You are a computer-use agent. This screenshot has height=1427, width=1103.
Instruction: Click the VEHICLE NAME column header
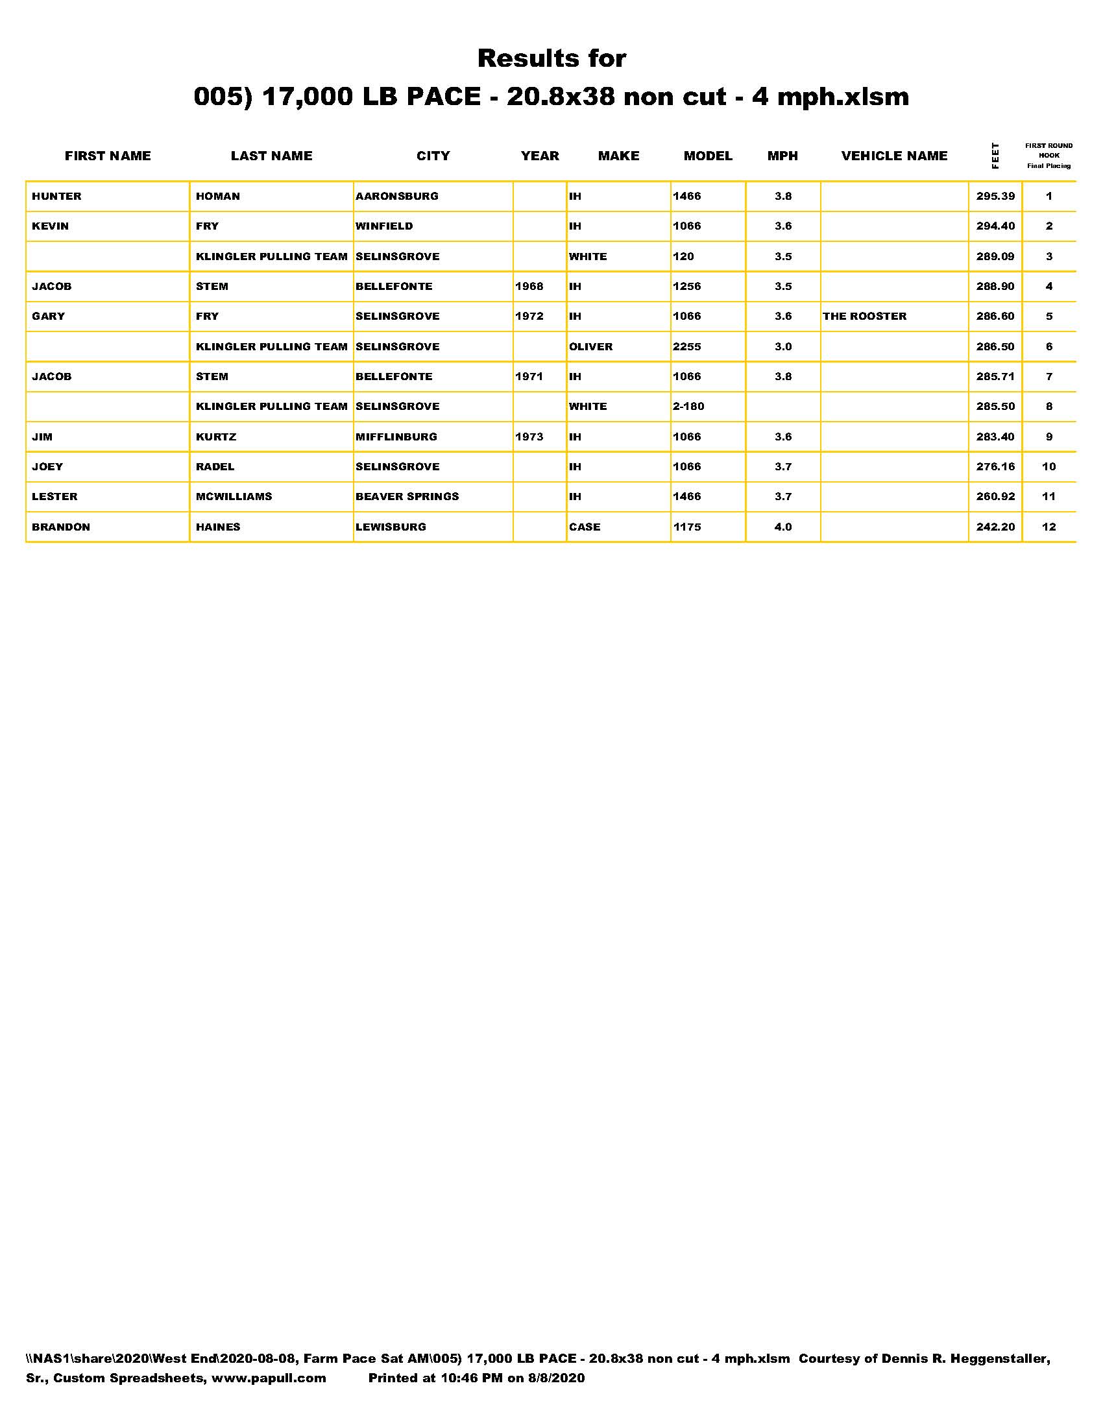pyautogui.click(x=894, y=156)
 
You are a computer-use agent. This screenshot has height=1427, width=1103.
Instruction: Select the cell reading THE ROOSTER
pyautogui.click(x=864, y=317)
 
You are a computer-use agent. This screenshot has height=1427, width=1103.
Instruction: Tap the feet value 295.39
pyautogui.click(x=995, y=196)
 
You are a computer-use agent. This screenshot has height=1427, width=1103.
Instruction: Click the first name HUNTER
pyautogui.click(x=57, y=196)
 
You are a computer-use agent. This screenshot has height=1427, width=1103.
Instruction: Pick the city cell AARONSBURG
pyautogui.click(x=396, y=196)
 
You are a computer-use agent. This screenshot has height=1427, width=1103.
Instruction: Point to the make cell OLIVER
pyautogui.click(x=590, y=346)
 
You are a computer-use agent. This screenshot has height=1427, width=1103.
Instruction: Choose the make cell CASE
pyautogui.click(x=585, y=527)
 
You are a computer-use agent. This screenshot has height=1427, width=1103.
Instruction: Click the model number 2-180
pyautogui.click(x=688, y=407)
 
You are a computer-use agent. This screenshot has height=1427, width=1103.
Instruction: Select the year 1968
pyautogui.click(x=529, y=286)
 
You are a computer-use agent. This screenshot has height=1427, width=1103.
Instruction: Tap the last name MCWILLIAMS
pyautogui.click(x=234, y=497)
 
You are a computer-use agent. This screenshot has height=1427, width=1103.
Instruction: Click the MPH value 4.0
pyautogui.click(x=783, y=527)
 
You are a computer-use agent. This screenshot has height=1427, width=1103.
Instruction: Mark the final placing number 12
pyautogui.click(x=1048, y=527)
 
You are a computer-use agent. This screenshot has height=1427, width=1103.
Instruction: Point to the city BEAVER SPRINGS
pyautogui.click(x=407, y=497)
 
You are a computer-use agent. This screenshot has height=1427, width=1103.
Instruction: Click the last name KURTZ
pyautogui.click(x=216, y=437)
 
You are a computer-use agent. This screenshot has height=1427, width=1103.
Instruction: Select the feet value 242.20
pyautogui.click(x=995, y=527)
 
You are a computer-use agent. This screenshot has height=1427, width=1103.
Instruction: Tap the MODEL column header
pyautogui.click(x=708, y=156)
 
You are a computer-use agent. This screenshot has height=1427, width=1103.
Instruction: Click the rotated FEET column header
pyautogui.click(x=995, y=156)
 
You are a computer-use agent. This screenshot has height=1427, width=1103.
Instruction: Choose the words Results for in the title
pyautogui.click(x=551, y=58)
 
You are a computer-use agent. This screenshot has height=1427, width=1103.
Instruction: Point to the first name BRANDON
pyautogui.click(x=61, y=527)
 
